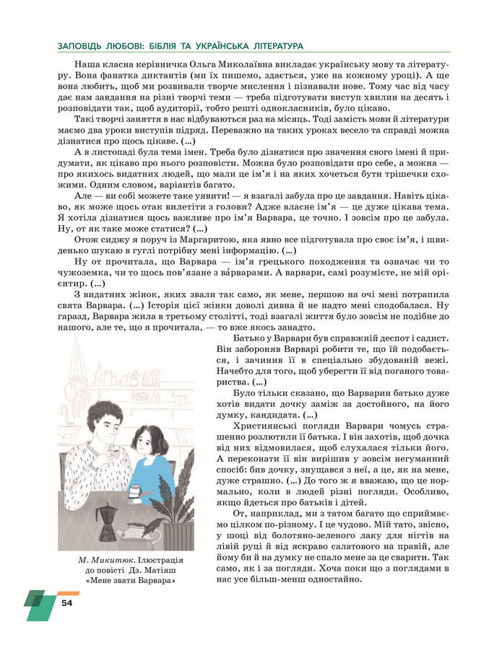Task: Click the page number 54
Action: [67, 602]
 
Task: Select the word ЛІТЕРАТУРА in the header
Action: [274, 45]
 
